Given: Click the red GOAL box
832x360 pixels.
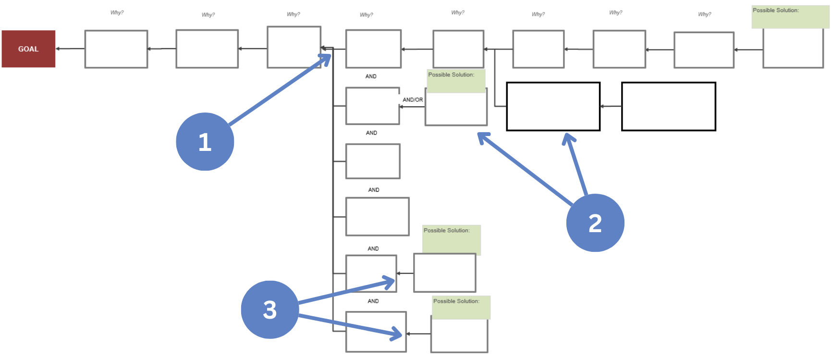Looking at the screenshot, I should coord(28,49).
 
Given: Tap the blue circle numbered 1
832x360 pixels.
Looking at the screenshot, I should coord(205,142).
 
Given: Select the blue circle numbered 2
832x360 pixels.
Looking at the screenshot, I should coord(595,223).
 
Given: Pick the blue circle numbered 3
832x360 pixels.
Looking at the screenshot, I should coord(269,310).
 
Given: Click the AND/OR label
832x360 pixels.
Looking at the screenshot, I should coord(413,100).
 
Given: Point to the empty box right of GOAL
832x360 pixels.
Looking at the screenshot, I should coord(116,49).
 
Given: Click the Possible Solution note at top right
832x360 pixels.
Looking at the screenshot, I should coord(790,17).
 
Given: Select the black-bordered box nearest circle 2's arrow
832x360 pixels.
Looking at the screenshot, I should coord(553,106).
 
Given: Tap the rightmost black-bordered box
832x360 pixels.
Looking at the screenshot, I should coord(668,106).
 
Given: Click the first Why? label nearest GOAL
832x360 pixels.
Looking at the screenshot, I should coord(117,12).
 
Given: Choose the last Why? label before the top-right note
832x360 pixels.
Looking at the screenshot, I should coord(704,14).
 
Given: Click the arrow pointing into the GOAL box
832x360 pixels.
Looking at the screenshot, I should coord(70,49).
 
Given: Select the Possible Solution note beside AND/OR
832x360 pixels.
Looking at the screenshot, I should coord(456,81).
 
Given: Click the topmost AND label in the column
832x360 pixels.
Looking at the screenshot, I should coord(371,76).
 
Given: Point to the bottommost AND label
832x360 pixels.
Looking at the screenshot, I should coord(373,301).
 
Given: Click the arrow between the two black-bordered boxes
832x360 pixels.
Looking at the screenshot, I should coord(611,106).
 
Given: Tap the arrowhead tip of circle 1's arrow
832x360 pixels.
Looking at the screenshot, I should coord(330,56).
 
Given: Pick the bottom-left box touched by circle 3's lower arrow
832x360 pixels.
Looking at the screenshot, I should coord(376,332).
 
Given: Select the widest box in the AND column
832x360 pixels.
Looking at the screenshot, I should coord(377,216).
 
